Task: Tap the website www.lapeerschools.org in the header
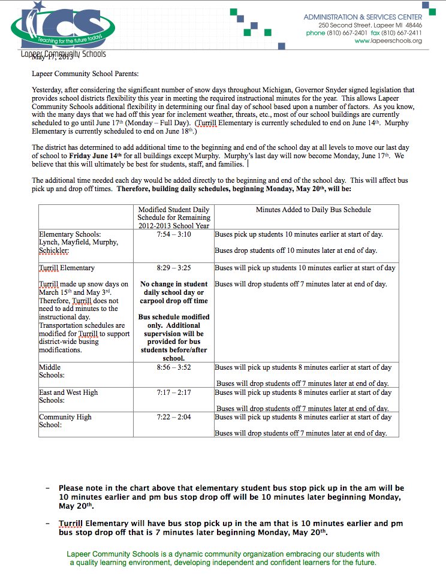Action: click(388, 41)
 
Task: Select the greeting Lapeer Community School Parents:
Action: click(85, 74)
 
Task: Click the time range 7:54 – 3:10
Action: click(174, 234)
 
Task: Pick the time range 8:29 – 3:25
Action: click(174, 268)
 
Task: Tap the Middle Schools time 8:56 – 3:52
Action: click(174, 367)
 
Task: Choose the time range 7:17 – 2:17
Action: click(174, 392)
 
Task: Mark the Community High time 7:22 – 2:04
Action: click(174, 417)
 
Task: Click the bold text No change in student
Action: click(174, 284)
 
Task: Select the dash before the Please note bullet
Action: click(48, 489)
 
